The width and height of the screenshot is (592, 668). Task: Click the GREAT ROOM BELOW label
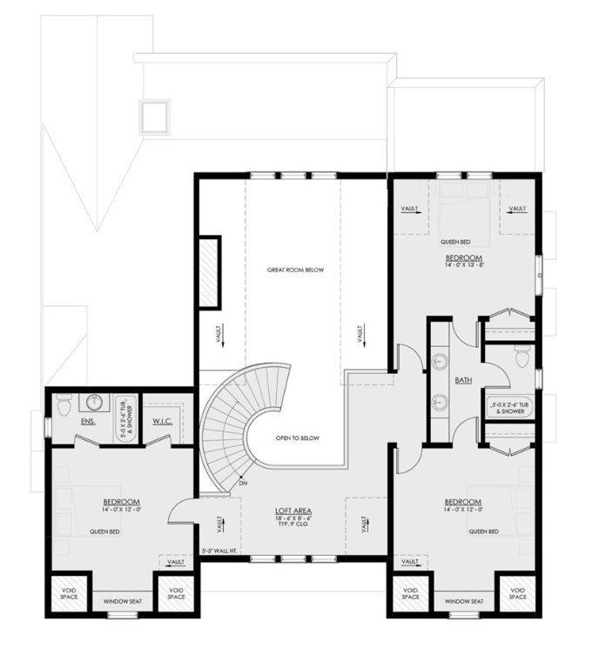295,271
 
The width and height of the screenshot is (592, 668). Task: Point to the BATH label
463,381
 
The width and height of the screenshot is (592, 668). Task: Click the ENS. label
88,423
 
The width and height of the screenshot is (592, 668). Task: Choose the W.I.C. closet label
164,423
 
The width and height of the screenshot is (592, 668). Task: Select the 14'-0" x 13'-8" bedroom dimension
464,266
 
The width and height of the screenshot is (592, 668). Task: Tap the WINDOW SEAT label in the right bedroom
463,601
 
